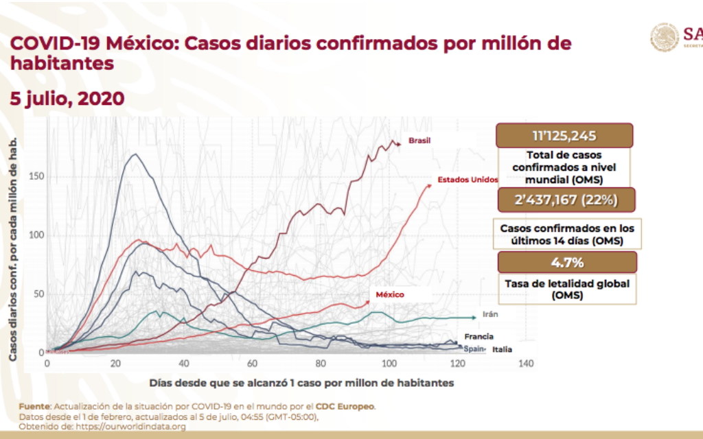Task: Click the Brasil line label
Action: pos(419,141)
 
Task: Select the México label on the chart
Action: pos(389,294)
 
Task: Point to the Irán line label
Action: pos(489,314)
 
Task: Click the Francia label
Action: pos(478,337)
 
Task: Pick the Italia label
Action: pos(501,349)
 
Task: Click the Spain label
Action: pos(474,348)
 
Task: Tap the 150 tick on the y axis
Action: pos(36,176)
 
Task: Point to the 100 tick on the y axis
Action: pos(36,235)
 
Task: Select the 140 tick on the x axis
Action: pos(526,363)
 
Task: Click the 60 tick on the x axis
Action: pos(252,363)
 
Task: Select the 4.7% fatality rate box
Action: pos(566,262)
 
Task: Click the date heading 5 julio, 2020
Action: pos(67,99)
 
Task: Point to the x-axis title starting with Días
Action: pos(301,382)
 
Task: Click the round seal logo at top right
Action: pos(664,37)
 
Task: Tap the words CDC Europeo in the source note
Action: pos(354,407)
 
